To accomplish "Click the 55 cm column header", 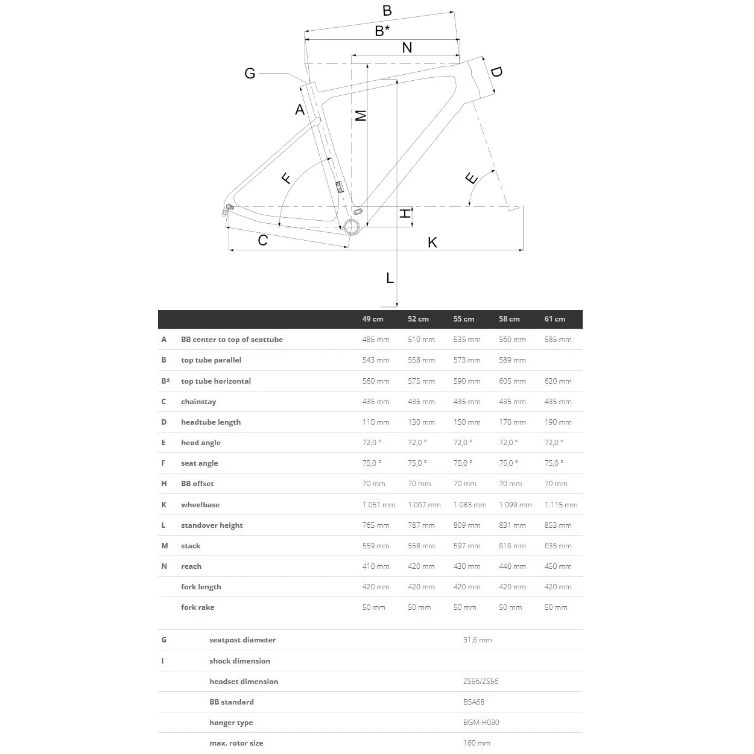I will (463, 319).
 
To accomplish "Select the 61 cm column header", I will (554, 319).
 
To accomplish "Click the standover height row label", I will (212, 525).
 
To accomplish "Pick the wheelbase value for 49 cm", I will (378, 505).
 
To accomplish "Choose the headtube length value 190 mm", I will (557, 422).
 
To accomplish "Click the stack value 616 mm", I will (512, 546).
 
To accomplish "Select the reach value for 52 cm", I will (421, 566).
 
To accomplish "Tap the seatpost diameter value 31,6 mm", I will (477, 640).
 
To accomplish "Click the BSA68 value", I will (474, 702).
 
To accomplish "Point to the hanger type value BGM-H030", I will (481, 723).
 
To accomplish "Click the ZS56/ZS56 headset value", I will (480, 682).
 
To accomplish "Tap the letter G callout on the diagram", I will (250, 74).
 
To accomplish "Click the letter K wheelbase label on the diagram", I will (432, 242).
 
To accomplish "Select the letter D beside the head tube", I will (496, 72).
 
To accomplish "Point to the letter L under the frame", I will (390, 278).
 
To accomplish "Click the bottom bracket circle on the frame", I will (351, 226).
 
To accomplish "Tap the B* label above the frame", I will (382, 31).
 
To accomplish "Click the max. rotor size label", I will (236, 743).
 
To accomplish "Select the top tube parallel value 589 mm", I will (512, 360).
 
